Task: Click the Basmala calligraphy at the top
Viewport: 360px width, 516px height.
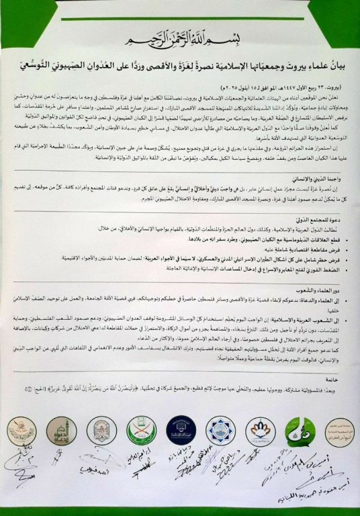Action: (x=179, y=33)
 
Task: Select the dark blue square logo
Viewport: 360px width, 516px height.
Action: (x=218, y=430)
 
